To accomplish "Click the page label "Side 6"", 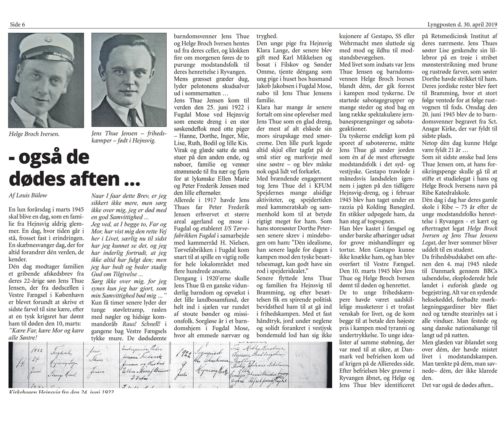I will click(x=17, y=24).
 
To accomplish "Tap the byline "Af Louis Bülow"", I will click(x=29, y=195).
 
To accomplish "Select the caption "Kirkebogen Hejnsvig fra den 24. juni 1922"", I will click(x=61, y=392).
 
